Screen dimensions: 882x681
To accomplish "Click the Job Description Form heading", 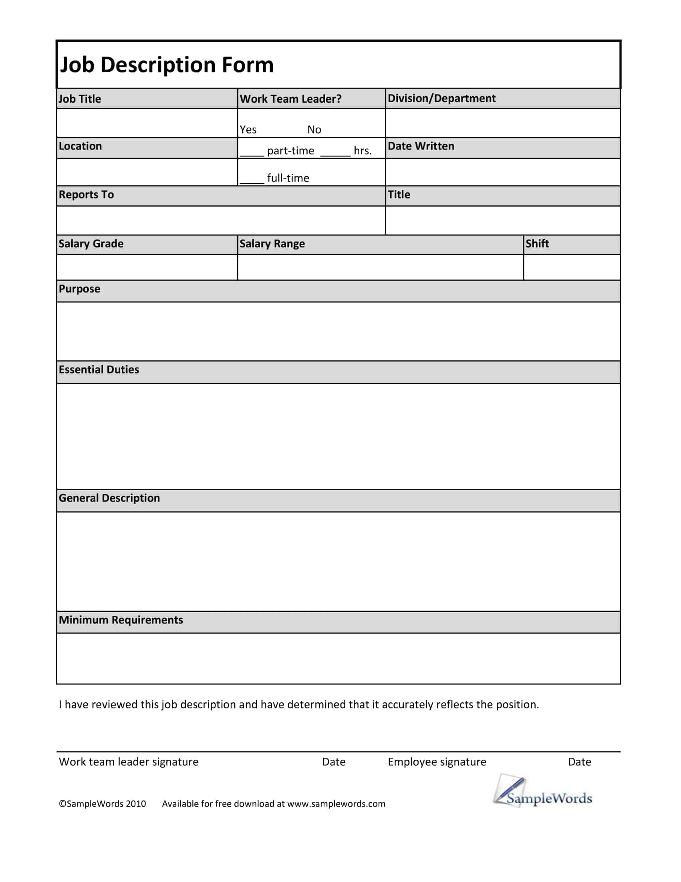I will coord(167,65).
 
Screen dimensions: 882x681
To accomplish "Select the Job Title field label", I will coord(79,99).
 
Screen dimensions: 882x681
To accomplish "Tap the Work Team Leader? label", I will coord(290,99).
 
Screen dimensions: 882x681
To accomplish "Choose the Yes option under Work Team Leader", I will coord(248,129).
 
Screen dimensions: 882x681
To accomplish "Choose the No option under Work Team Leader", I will coord(314,129).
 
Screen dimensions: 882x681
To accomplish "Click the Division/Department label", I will coord(441,99).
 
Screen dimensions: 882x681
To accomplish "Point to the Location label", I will coord(80,146).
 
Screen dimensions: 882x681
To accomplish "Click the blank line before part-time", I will coord(251,154).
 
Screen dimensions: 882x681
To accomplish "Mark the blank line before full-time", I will coord(251,181).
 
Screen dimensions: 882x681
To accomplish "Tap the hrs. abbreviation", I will coord(363,151).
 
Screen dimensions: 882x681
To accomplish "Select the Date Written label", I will coord(421,146).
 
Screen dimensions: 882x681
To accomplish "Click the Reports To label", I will coord(87,195).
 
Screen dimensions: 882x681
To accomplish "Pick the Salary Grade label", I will coord(91,244).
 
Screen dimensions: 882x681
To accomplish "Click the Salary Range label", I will coord(272,244).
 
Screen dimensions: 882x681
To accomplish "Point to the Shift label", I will coord(537,243).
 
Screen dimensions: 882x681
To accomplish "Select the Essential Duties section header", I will coord(99,370).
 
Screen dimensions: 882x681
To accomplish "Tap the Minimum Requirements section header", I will coord(121,620).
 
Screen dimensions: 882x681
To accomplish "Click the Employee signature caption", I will coord(437,762).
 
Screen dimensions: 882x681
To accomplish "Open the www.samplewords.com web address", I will coord(336,804).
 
